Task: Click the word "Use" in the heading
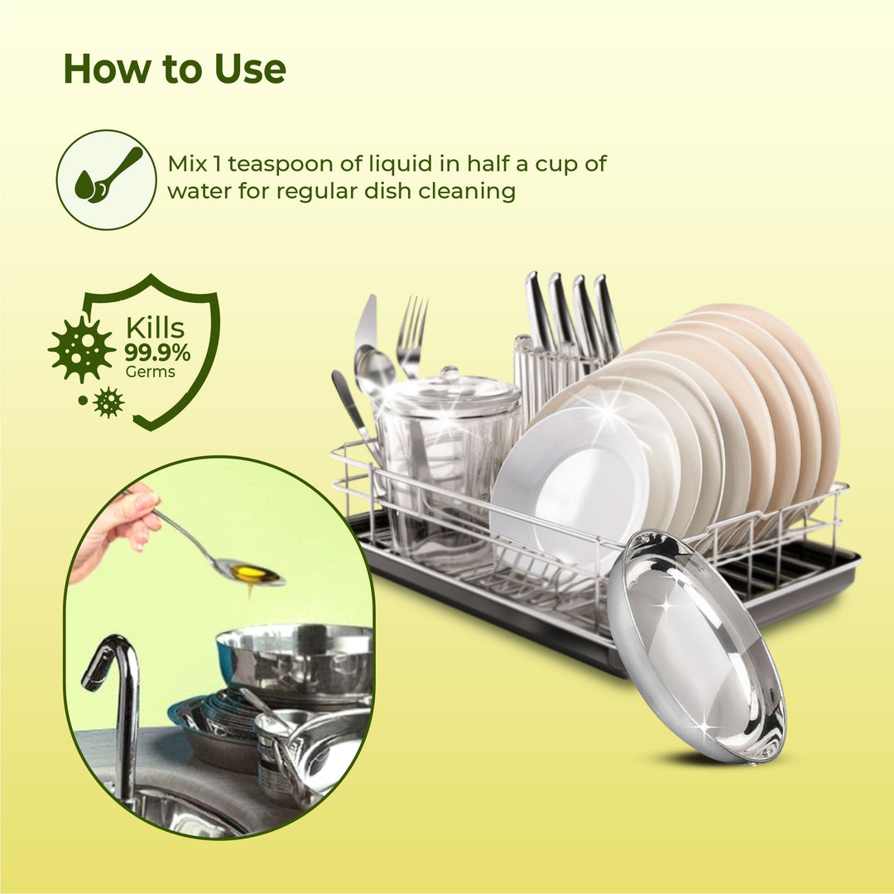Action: pos(250,69)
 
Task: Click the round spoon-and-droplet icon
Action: pos(106,180)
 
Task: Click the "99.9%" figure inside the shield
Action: pos(157,353)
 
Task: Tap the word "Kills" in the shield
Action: pos(155,329)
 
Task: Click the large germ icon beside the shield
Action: pos(81,348)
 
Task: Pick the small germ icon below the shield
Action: pos(108,402)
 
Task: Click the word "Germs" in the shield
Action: pos(151,372)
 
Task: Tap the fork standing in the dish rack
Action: pos(411,336)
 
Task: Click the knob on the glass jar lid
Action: pos(449,375)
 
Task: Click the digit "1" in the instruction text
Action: pos(217,164)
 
